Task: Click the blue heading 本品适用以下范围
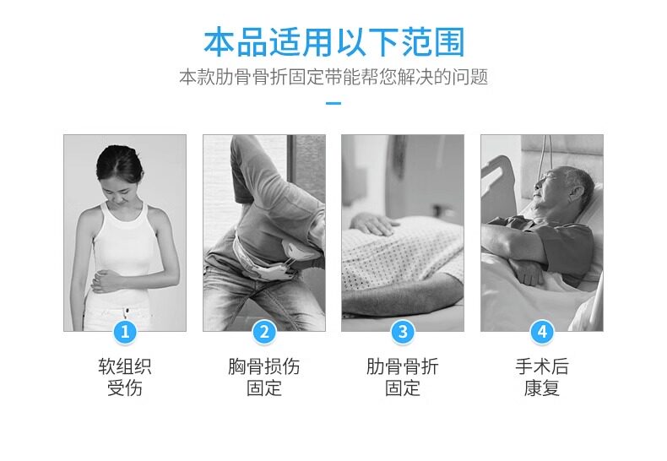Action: click(334, 42)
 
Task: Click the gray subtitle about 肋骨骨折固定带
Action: click(333, 77)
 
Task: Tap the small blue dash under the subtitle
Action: click(333, 103)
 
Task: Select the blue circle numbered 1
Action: click(125, 332)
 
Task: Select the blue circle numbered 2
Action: click(264, 332)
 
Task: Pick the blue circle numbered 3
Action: click(403, 332)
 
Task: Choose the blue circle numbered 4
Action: click(542, 332)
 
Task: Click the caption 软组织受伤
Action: click(125, 377)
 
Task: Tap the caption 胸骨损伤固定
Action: click(264, 377)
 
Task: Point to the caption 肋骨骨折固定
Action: click(403, 377)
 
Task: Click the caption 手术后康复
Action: click(542, 377)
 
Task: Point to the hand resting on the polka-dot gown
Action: click(371, 224)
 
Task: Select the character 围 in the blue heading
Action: click(449, 42)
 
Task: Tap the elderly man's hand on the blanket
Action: click(529, 271)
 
